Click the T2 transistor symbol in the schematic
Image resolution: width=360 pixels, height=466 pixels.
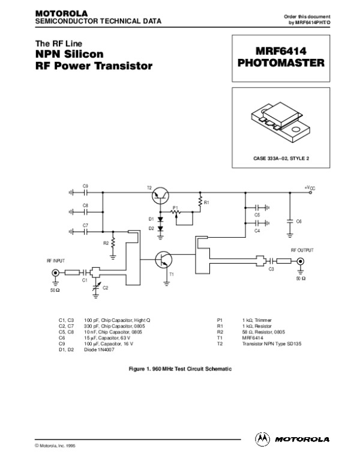161,193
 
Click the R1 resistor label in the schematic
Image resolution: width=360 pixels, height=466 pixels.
206,203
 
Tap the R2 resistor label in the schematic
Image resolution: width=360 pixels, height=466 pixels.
106,243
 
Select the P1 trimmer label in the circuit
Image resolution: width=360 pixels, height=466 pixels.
175,207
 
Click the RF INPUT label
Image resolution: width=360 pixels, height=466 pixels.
55,261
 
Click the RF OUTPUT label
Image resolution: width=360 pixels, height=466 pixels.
302,249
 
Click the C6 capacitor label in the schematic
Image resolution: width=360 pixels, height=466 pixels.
299,222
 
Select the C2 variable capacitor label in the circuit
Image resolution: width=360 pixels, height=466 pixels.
105,288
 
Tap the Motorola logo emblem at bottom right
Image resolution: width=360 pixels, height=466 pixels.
263,438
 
